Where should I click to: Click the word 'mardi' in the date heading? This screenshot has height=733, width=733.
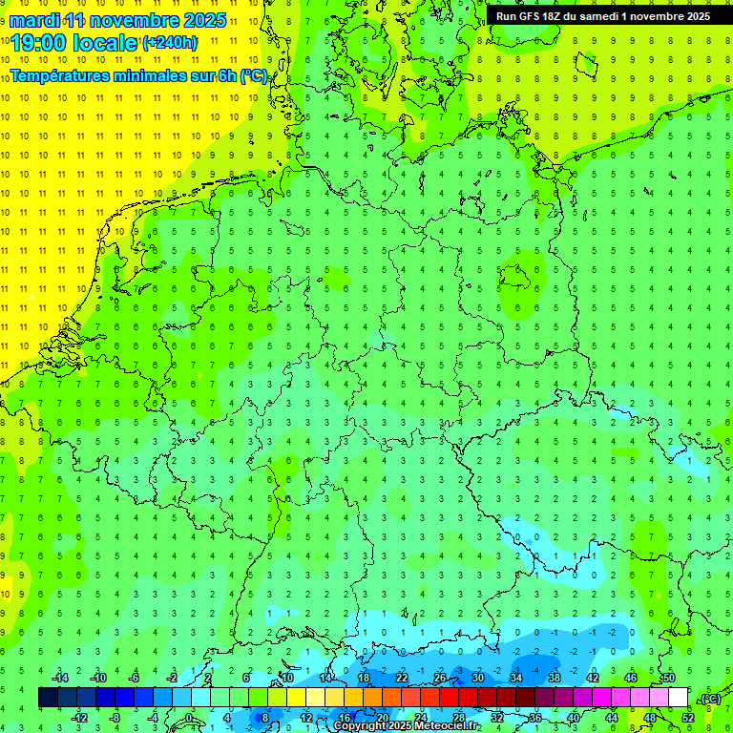(x=34, y=19)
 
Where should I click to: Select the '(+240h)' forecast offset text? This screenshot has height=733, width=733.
(x=170, y=42)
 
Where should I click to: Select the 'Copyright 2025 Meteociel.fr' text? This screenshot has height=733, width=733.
(x=408, y=726)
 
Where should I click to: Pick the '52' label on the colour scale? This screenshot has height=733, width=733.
(x=688, y=718)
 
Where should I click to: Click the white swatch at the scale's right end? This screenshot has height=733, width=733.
(x=679, y=698)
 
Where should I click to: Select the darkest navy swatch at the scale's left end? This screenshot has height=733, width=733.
(x=48, y=698)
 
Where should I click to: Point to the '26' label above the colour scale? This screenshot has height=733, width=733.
(x=439, y=678)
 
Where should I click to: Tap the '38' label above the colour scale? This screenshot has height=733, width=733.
(x=554, y=678)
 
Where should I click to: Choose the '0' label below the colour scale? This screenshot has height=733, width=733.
(x=189, y=718)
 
